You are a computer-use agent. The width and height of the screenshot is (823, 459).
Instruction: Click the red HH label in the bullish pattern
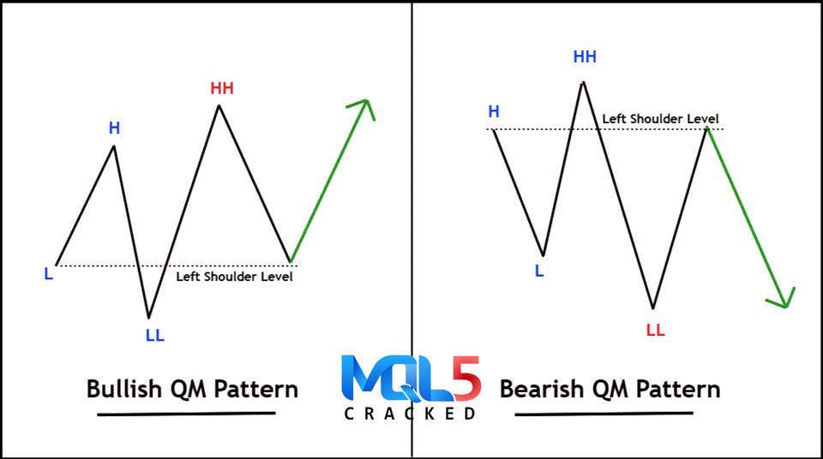click(x=222, y=88)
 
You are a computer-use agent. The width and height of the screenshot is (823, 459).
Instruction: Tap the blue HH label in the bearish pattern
click(x=585, y=57)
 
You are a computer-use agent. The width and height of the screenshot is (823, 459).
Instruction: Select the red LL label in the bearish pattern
click(x=656, y=330)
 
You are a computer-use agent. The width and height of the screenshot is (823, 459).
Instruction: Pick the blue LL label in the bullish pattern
click(x=155, y=335)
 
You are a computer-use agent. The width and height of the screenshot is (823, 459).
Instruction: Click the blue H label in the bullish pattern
click(x=114, y=128)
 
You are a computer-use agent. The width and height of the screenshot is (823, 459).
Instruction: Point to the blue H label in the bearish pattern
click(x=494, y=111)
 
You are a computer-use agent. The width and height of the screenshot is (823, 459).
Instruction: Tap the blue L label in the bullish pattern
click(x=48, y=273)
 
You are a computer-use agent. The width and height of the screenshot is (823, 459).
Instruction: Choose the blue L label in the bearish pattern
click(x=539, y=271)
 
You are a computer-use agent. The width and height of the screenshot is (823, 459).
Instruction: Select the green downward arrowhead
click(x=783, y=299)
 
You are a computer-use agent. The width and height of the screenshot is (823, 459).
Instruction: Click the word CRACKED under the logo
click(x=410, y=414)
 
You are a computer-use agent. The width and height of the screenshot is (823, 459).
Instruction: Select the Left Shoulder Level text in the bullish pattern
click(x=234, y=277)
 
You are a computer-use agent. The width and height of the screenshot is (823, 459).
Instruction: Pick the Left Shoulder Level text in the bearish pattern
click(x=660, y=119)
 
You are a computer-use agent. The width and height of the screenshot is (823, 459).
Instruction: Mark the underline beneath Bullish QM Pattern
click(x=186, y=414)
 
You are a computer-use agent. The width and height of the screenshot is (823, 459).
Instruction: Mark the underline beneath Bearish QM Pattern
click(x=604, y=414)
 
